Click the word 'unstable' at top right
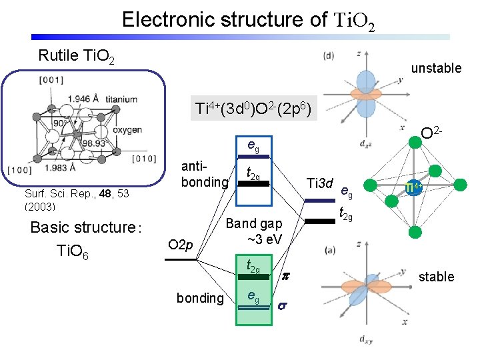coord(436,68)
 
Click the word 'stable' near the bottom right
coord(436,277)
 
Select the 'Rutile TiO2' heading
coord(76,56)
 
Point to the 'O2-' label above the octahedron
coord(433,137)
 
